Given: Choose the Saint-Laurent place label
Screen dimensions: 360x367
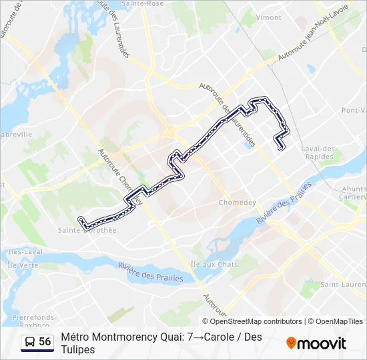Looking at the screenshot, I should pyautogui.click(x=342, y=285).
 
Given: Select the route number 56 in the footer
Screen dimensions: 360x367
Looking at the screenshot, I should pyautogui.click(x=45, y=342).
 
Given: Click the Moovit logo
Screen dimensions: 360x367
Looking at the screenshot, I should pyautogui.click(x=316, y=343).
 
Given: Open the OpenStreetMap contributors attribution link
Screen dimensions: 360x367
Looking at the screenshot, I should pyautogui.click(x=257, y=321).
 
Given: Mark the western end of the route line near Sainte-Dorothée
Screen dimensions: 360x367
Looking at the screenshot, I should pyautogui.click(x=81, y=220).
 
